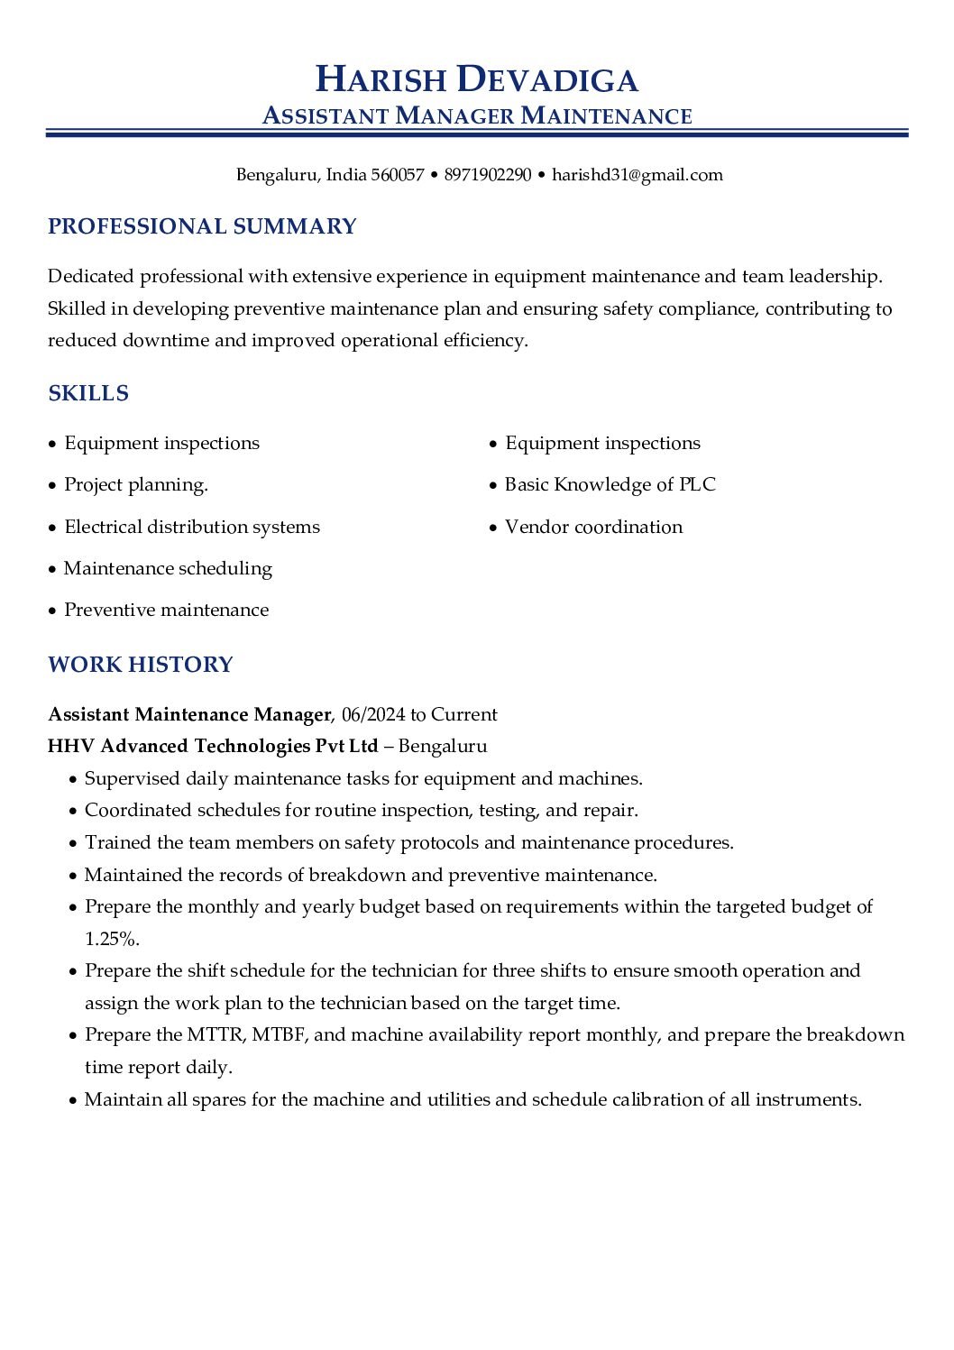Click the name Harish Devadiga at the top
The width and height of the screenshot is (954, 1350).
(476, 79)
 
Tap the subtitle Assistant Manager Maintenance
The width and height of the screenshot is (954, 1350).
(476, 116)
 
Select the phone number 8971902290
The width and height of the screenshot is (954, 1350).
(488, 175)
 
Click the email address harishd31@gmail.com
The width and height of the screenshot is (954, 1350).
(637, 175)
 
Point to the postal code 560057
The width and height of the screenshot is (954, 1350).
(398, 175)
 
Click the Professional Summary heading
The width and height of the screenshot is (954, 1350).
(202, 226)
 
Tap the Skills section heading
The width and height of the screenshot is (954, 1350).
(88, 393)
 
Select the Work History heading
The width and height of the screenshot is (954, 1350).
(141, 665)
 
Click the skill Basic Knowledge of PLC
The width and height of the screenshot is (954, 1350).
(610, 485)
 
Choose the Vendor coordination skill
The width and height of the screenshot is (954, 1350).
(593, 527)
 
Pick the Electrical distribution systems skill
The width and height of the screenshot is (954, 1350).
(192, 527)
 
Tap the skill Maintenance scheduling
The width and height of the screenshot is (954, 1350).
(168, 569)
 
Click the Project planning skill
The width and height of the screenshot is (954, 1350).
(136, 485)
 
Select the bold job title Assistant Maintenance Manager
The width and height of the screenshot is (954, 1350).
(189, 715)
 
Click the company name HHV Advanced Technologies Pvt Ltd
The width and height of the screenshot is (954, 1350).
(213, 747)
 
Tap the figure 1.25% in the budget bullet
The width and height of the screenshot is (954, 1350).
(112, 940)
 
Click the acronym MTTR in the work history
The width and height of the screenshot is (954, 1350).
(216, 1035)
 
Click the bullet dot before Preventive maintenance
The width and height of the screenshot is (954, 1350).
(52, 611)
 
